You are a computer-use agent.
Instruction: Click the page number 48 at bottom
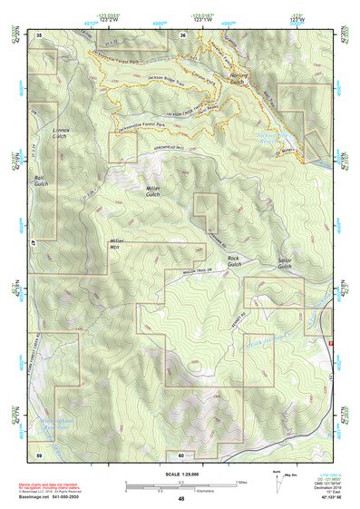(x=180, y=498)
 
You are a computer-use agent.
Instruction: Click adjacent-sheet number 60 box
(x=180, y=455)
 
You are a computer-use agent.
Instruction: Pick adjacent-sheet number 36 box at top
(x=183, y=34)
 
